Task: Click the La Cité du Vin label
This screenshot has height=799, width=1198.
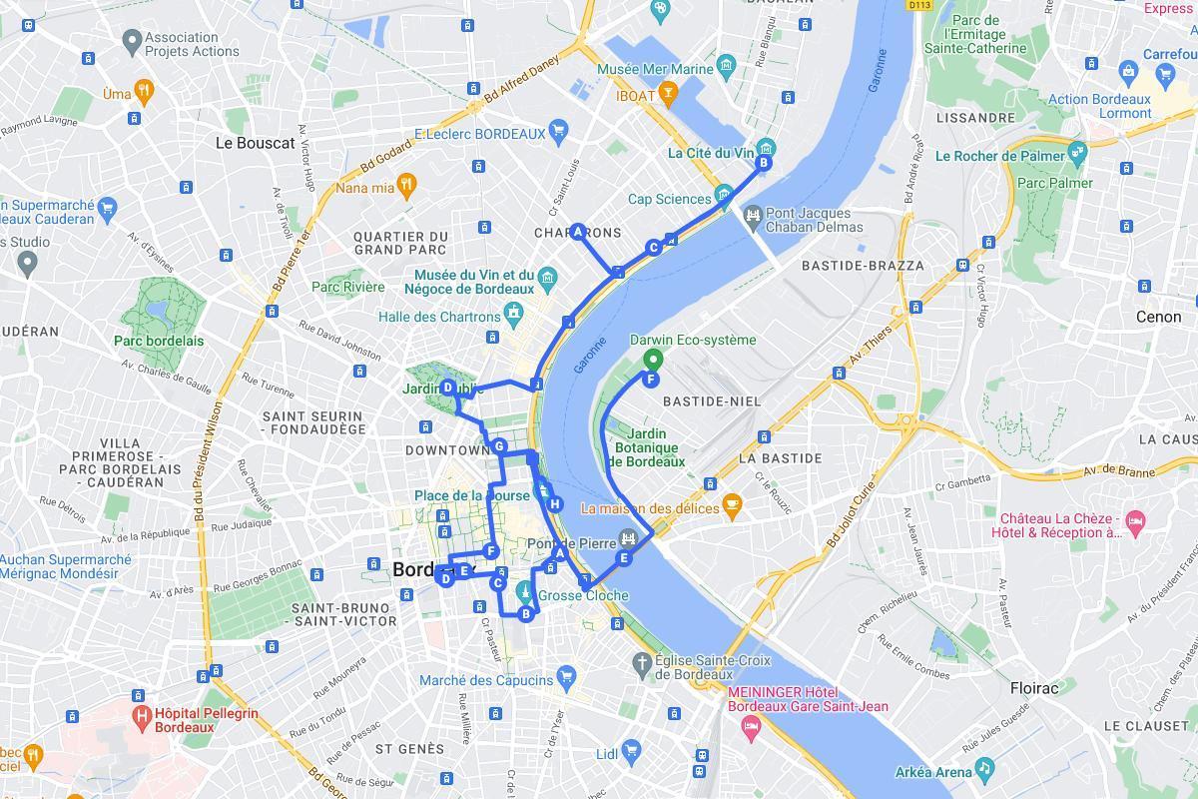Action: pyautogui.click(x=711, y=153)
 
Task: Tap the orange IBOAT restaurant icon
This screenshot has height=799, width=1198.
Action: pyautogui.click(x=668, y=95)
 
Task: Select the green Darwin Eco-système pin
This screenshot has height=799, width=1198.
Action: pyautogui.click(x=652, y=361)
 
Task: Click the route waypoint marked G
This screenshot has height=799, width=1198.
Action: pyautogui.click(x=499, y=446)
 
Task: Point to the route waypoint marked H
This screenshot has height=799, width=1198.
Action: pyautogui.click(x=554, y=504)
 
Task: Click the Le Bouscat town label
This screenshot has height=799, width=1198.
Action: pyautogui.click(x=255, y=143)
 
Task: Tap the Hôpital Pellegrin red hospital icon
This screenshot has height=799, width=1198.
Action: pyautogui.click(x=141, y=715)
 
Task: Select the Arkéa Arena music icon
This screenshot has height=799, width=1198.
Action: pyautogui.click(x=985, y=767)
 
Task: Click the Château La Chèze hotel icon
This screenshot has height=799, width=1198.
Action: pyautogui.click(x=1135, y=520)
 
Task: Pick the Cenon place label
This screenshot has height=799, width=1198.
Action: pyautogui.click(x=1158, y=317)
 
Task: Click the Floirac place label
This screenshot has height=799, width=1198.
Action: pyautogui.click(x=1033, y=688)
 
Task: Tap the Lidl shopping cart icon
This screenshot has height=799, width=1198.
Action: pyautogui.click(x=630, y=750)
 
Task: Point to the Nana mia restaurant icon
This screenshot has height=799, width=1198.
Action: pyautogui.click(x=405, y=184)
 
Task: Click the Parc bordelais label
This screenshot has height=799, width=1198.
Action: pyautogui.click(x=159, y=341)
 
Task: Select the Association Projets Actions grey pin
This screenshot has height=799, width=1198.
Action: pyautogui.click(x=131, y=41)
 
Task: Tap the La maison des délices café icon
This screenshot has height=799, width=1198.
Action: pyautogui.click(x=732, y=504)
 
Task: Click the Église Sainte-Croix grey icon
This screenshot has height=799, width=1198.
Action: pyautogui.click(x=643, y=662)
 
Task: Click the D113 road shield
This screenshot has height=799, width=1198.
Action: pyautogui.click(x=919, y=5)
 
